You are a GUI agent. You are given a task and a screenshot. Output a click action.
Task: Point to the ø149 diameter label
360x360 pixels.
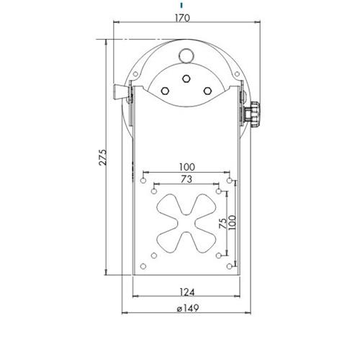[x=186, y=309]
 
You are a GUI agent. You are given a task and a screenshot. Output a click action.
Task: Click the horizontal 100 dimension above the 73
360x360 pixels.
[x=186, y=166]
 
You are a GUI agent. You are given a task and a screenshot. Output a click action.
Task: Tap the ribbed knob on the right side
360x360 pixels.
[x=253, y=114]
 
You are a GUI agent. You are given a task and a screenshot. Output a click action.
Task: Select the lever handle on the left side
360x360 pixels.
[x=120, y=94]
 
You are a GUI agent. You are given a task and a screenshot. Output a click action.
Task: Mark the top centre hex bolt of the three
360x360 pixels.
[x=186, y=78]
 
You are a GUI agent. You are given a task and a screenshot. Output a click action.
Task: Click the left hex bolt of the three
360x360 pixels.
[x=166, y=90]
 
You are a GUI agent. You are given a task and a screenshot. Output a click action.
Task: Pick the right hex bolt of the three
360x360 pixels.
[x=207, y=90]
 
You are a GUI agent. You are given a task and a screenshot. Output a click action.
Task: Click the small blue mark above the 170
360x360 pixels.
[x=181, y=4]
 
